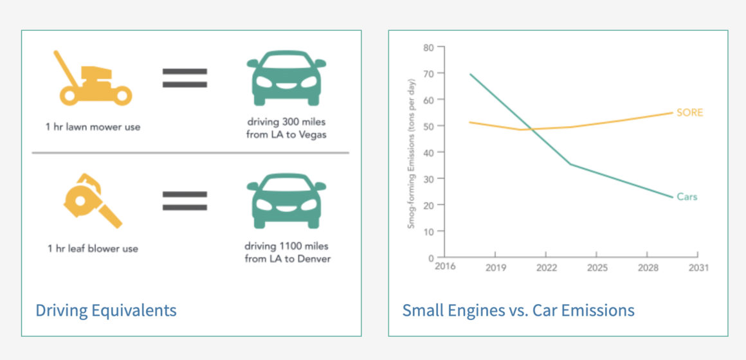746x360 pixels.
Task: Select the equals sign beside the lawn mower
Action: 185,78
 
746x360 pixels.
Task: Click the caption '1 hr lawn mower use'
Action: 93,127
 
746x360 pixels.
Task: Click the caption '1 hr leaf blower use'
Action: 93,248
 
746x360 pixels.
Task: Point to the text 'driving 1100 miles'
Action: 287,246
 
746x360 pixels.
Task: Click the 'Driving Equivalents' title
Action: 106,310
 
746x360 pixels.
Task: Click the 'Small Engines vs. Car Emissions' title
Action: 518,310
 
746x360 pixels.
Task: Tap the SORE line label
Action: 689,113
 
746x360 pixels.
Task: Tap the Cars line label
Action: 687,197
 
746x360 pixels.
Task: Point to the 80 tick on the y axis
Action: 427,47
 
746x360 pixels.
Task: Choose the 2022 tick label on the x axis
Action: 546,267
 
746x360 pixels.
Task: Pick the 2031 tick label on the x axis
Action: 698,267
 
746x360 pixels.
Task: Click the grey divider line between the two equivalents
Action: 190,153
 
